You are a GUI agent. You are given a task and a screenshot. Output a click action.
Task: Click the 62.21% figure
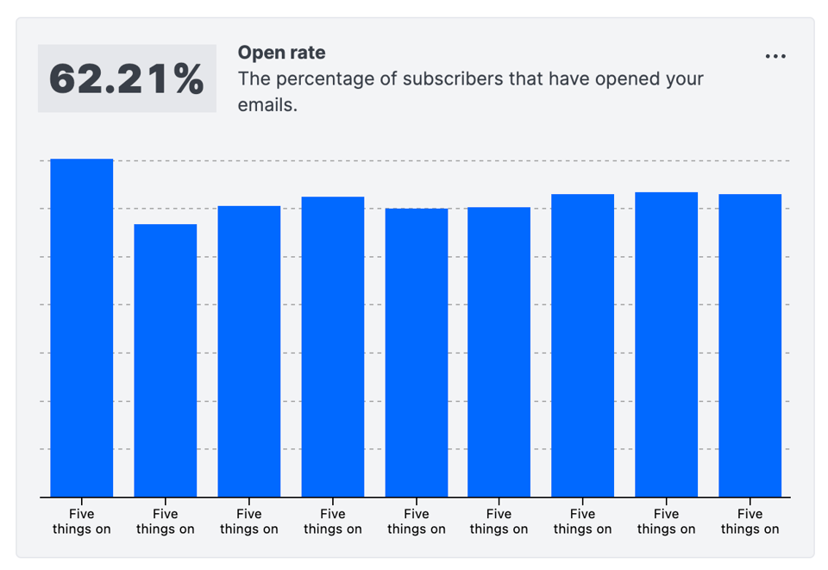coord(127,78)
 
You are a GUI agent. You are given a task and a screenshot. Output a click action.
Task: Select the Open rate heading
coord(281,53)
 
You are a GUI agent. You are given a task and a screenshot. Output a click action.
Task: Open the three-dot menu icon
coord(775,57)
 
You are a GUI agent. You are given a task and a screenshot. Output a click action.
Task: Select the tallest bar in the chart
coord(82,328)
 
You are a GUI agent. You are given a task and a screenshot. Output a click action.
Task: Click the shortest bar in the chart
coord(166,360)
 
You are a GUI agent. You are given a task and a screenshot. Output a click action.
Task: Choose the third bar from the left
coord(249,351)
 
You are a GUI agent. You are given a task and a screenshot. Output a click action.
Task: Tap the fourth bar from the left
coord(333,347)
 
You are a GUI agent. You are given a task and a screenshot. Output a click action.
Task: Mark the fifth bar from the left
coord(417,353)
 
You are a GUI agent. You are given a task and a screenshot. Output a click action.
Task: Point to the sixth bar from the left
coord(499,352)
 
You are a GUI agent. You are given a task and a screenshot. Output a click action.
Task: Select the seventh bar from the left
coord(583,345)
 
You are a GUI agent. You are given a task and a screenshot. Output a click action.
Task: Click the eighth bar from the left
coord(667,344)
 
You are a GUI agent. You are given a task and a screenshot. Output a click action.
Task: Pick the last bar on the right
coord(750,345)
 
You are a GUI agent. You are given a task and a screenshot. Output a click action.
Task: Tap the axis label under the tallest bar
coord(82,522)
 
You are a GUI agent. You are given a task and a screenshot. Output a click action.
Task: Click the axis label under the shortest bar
coord(166,522)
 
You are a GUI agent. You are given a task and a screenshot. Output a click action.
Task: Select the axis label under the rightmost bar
coord(750,522)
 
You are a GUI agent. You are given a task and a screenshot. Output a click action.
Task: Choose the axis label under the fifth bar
coord(417,522)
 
